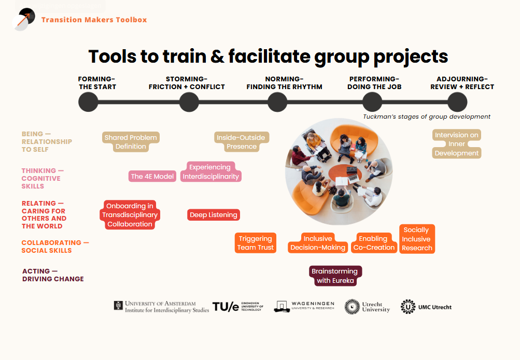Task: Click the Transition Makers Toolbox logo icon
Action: [x=23, y=20]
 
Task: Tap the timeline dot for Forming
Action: [x=88, y=102]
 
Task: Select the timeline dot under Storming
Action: [x=189, y=102]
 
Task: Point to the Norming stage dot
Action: [x=277, y=102]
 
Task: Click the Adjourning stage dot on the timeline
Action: [x=457, y=102]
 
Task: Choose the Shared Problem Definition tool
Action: [x=131, y=142]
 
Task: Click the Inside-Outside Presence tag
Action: [x=241, y=142]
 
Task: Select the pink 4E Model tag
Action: [x=152, y=176]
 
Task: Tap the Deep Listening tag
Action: [x=214, y=214]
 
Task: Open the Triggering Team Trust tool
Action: [x=256, y=243]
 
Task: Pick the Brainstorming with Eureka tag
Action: [x=335, y=276]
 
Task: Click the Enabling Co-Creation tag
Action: [x=374, y=243]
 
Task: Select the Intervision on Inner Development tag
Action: [x=457, y=143]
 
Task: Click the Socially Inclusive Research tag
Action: [x=417, y=239]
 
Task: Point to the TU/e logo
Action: [x=238, y=307]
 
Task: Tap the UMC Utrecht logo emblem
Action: [x=408, y=307]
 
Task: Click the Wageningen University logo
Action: [x=304, y=306]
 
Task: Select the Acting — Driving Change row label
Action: [x=53, y=275]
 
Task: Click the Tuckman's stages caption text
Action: [x=427, y=117]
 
